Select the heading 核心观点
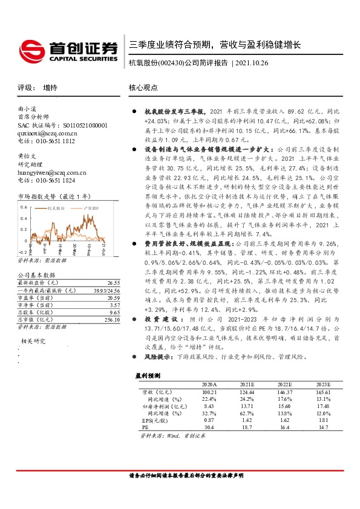(143, 88)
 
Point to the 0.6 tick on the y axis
(23, 207)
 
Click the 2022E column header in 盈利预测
(284, 384)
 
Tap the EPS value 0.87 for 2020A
(209, 419)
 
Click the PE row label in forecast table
(145, 427)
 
